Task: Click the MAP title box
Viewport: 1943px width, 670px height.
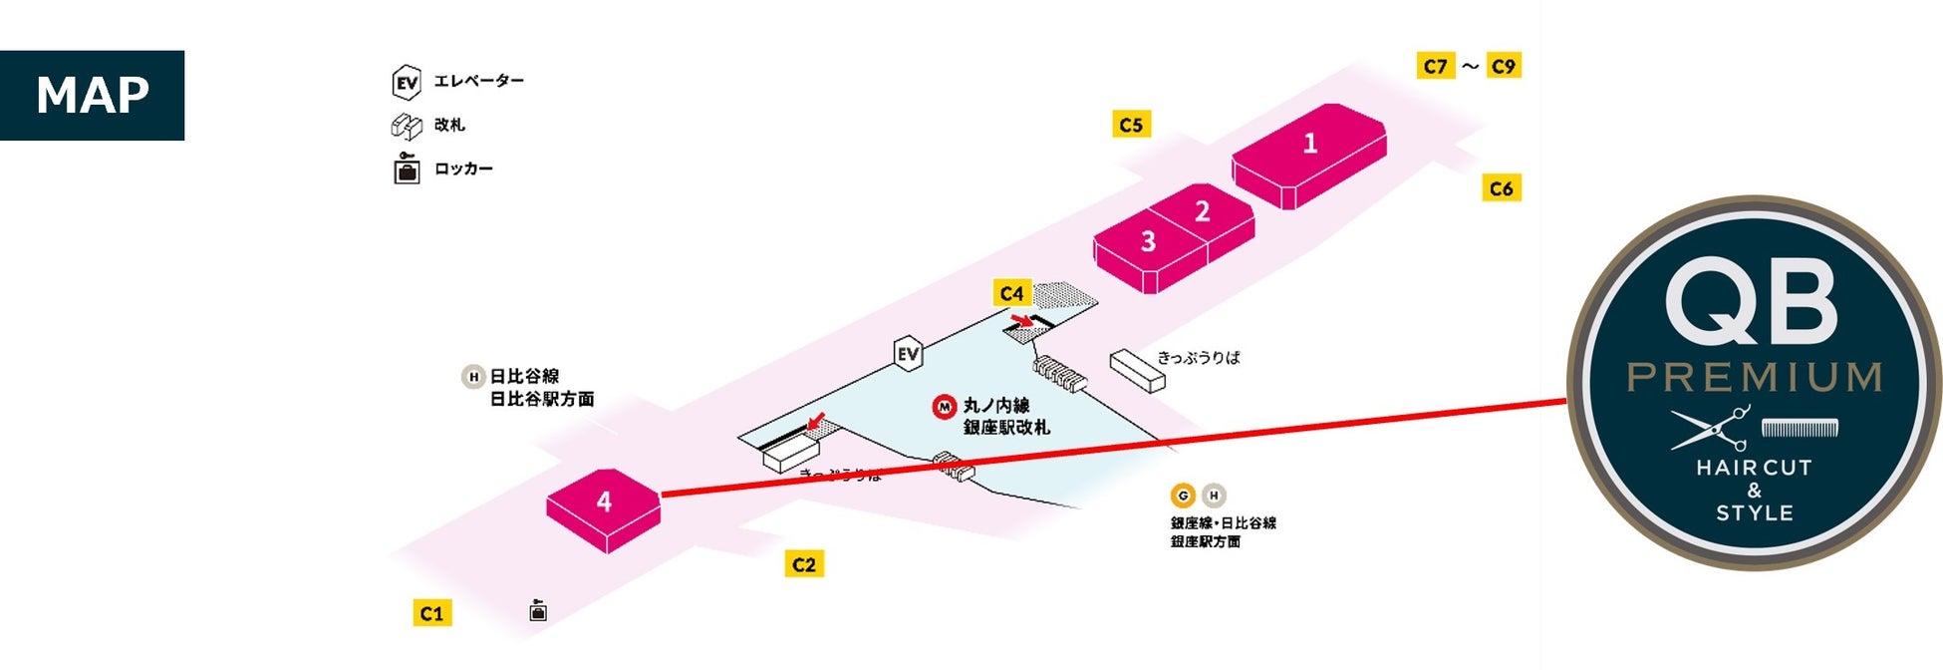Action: click(x=92, y=96)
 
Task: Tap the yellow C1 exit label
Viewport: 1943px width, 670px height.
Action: click(x=431, y=613)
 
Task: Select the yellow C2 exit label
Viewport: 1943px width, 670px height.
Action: click(x=804, y=564)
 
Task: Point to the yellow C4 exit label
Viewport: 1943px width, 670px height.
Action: click(x=1011, y=293)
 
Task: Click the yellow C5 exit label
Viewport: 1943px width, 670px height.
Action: click(x=1131, y=125)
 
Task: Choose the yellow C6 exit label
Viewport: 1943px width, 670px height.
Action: click(x=1501, y=188)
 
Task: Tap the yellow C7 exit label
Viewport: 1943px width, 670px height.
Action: click(x=1435, y=66)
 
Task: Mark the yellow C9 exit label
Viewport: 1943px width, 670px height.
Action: click(x=1503, y=66)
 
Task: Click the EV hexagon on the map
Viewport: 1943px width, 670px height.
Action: click(x=908, y=354)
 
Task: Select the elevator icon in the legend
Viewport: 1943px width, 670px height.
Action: click(x=407, y=82)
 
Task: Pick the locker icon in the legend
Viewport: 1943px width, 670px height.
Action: click(x=407, y=168)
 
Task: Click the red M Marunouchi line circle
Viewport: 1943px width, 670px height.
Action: click(x=944, y=407)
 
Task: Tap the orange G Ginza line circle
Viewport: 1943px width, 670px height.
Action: click(x=1183, y=496)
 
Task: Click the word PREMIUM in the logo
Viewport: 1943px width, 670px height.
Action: click(x=1754, y=377)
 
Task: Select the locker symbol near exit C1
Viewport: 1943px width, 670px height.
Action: click(x=538, y=610)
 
